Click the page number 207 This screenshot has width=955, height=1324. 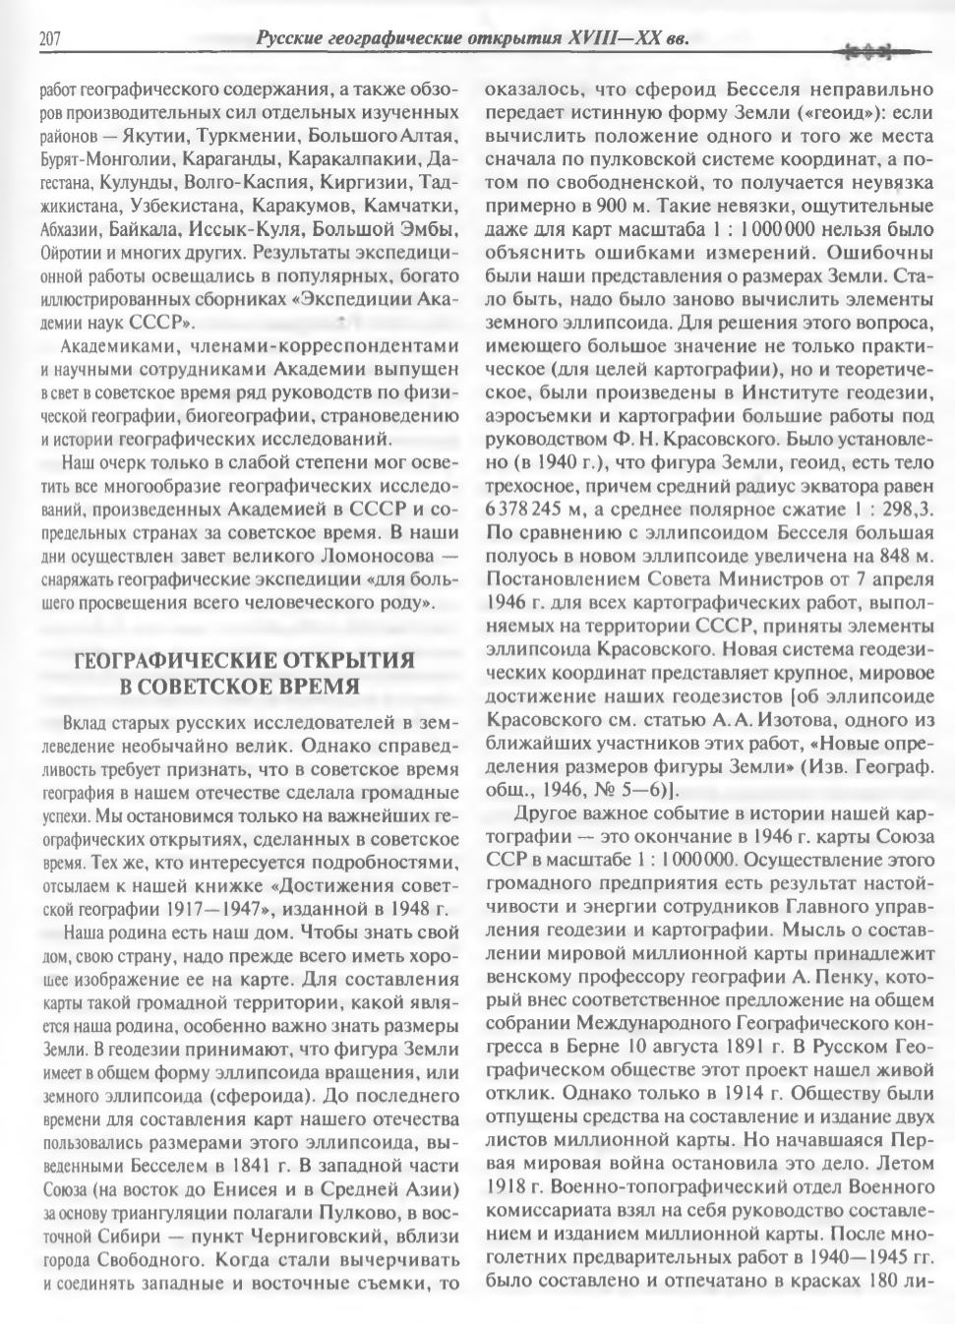(x=51, y=40)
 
